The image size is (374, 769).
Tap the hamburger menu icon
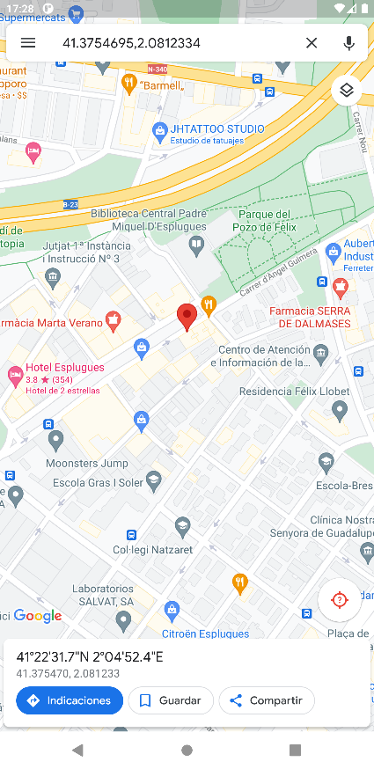click(28, 42)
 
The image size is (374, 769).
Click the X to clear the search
click(311, 42)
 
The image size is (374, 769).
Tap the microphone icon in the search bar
click(349, 42)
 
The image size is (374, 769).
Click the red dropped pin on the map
click(187, 317)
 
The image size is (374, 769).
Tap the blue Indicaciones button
click(70, 700)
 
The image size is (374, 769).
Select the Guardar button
click(171, 700)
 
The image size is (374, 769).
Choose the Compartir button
click(267, 700)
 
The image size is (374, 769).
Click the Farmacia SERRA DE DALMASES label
click(314, 317)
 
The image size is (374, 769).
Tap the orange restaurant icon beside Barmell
click(129, 84)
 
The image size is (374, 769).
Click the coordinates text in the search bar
click(132, 42)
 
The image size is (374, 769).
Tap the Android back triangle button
click(77, 750)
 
